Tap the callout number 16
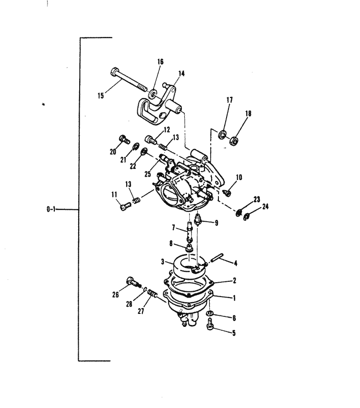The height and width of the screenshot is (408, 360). [160, 61]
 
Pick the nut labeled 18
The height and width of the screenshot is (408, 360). [235, 141]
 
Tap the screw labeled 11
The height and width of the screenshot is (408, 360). [126, 207]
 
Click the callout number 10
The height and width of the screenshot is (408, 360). [239, 177]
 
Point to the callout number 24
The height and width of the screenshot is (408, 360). [265, 207]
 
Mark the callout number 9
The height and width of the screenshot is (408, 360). [216, 223]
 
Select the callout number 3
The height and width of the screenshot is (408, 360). [163, 262]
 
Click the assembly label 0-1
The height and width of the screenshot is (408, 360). [51, 210]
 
